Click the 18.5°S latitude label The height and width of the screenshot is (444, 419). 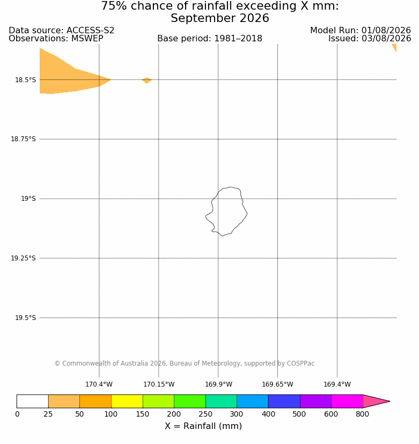pos(25,80)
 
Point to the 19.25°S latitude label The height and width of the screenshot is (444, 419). pos(23,258)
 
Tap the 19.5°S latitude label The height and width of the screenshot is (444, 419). pos(25,318)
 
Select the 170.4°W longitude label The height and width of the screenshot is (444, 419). pos(99,384)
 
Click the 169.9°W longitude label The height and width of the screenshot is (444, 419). pos(218,384)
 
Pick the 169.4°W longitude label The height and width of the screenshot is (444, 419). pos(337,384)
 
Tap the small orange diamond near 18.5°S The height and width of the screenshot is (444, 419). pos(146,81)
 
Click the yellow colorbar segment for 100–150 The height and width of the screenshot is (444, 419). pos(127,401)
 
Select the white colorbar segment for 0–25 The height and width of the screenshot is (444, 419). pos(33,401)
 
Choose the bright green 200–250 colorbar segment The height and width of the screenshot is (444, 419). pos(190,401)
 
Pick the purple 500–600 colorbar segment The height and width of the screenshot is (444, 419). pos(316,401)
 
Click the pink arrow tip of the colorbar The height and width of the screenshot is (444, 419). pos(390,401)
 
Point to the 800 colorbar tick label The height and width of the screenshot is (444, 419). pos(363,414)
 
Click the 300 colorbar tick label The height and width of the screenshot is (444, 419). pos(237,414)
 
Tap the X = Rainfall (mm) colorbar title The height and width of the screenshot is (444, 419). pos(203,426)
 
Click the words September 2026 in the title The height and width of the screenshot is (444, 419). pos(220,18)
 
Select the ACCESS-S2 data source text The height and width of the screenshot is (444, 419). pos(90,30)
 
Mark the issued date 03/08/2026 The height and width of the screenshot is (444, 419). pos(386,39)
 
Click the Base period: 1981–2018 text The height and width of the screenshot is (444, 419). pos(210,39)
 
